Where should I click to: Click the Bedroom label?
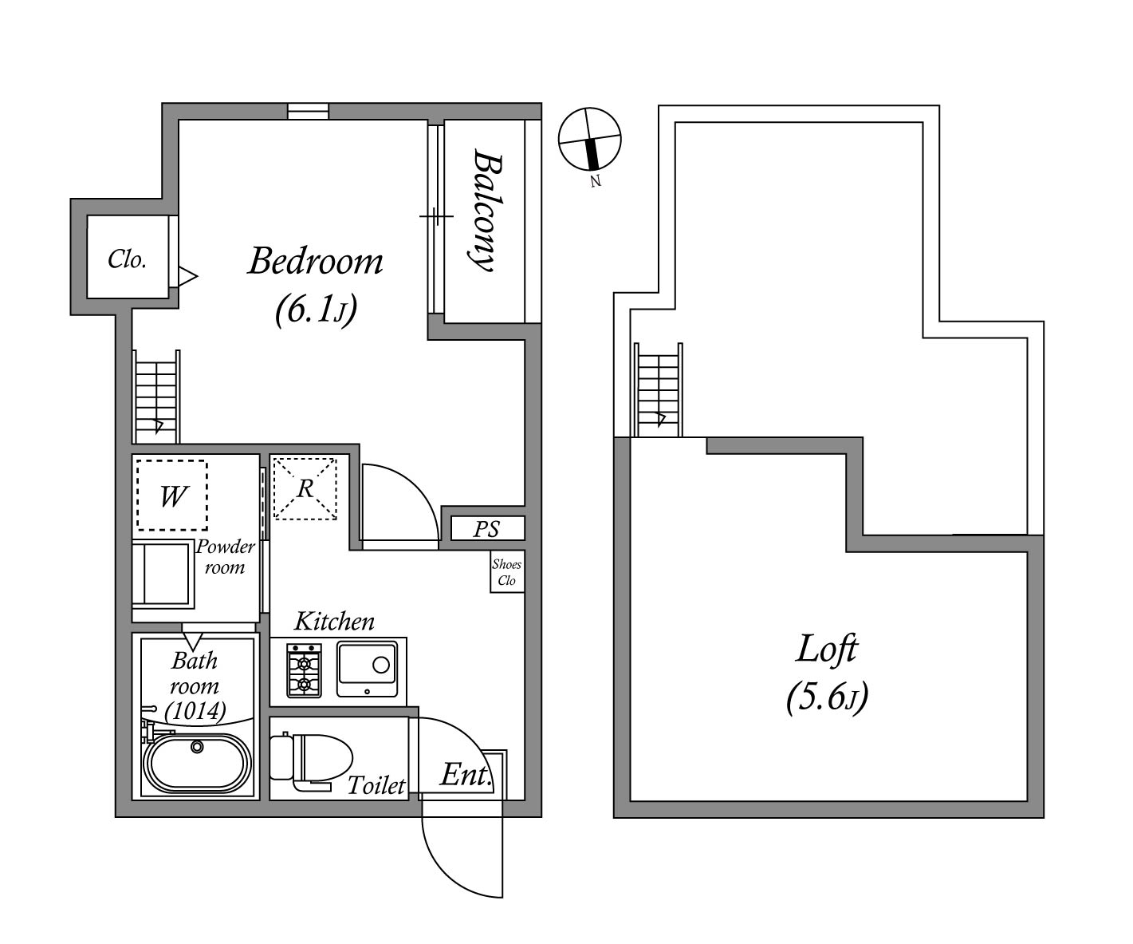point(315,261)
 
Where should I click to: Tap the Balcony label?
point(485,211)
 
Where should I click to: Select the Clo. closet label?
point(127,259)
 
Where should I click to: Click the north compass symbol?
point(590,140)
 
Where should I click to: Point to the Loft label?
point(827,649)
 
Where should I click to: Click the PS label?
point(486,529)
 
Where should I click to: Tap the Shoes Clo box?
point(506,572)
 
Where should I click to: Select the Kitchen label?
point(334,621)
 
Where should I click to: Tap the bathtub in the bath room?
point(197,764)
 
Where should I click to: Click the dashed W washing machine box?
point(171,496)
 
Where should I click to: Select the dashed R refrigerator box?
point(305,488)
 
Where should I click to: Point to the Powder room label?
point(225,557)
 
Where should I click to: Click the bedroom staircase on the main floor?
point(156,397)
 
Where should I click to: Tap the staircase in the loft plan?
point(659,389)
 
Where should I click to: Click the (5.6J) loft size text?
point(827,697)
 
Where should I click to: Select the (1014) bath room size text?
point(195,709)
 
